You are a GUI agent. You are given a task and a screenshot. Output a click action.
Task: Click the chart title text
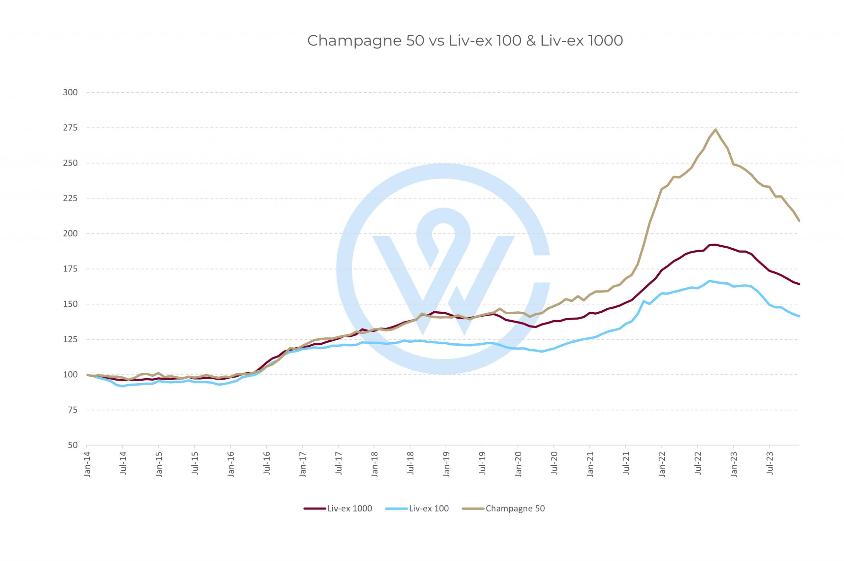point(465,41)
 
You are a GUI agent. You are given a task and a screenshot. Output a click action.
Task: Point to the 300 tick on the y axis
point(71,93)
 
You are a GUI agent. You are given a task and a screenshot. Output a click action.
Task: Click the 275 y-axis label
point(71,128)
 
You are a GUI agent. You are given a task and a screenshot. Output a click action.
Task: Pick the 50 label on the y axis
point(73,445)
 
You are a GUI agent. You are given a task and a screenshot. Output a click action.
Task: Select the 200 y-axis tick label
point(71,234)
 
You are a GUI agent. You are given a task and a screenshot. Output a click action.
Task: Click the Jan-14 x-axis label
point(87,464)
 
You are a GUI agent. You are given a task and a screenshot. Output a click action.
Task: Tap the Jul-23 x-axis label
point(770,463)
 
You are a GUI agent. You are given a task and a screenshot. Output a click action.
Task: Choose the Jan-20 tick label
point(519,464)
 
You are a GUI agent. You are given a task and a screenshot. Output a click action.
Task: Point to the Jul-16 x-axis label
point(267,463)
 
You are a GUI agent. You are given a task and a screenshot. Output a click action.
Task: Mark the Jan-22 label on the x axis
point(662,464)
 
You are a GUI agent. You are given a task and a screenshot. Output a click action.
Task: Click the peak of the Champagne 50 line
point(715,130)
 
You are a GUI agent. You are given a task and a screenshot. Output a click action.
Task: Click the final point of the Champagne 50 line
point(799,221)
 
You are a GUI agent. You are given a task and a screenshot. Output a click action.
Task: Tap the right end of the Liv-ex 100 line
point(799,316)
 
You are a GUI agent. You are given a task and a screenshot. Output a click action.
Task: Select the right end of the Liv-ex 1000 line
point(799,284)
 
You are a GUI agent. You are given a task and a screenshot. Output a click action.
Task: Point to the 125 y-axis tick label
point(71,339)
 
